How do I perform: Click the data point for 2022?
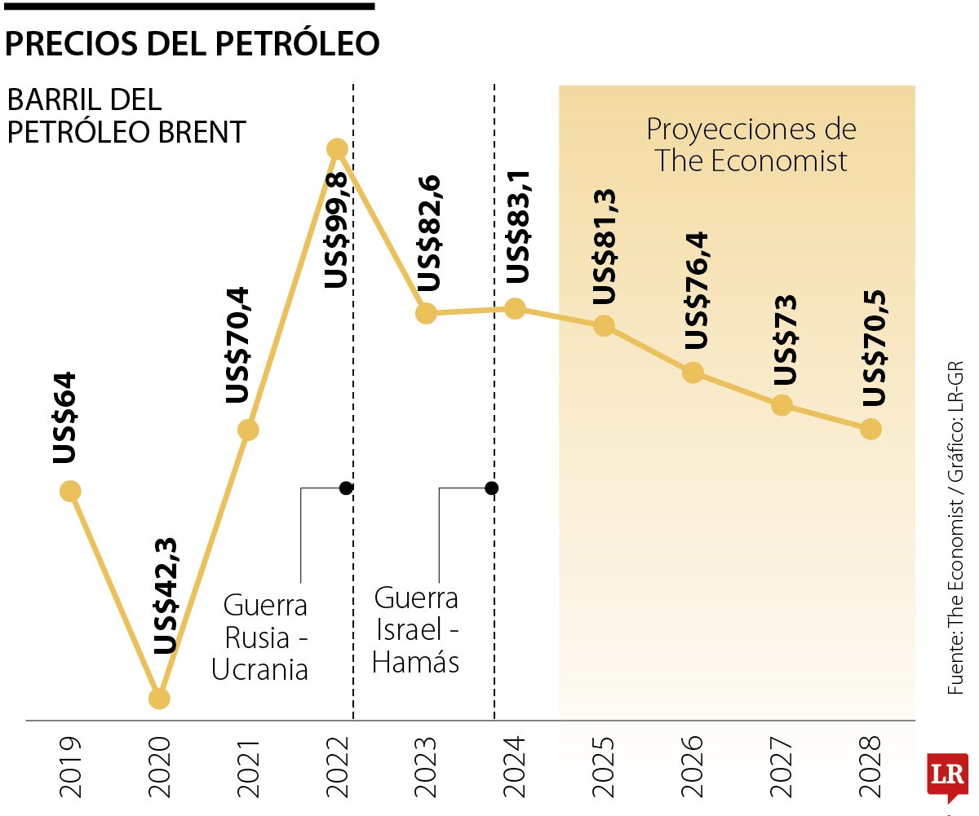point(337,149)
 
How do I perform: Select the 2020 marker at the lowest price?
point(159,699)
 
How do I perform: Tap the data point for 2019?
point(70,491)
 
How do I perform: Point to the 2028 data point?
point(871,429)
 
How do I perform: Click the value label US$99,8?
point(336,229)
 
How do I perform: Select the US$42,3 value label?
point(166,597)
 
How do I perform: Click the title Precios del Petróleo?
point(193,43)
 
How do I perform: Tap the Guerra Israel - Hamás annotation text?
point(416,630)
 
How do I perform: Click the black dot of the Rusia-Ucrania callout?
point(346,488)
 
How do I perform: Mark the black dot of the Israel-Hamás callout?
point(491,488)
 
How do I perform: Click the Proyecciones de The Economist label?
point(751,144)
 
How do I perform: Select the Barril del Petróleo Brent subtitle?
point(126,116)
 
